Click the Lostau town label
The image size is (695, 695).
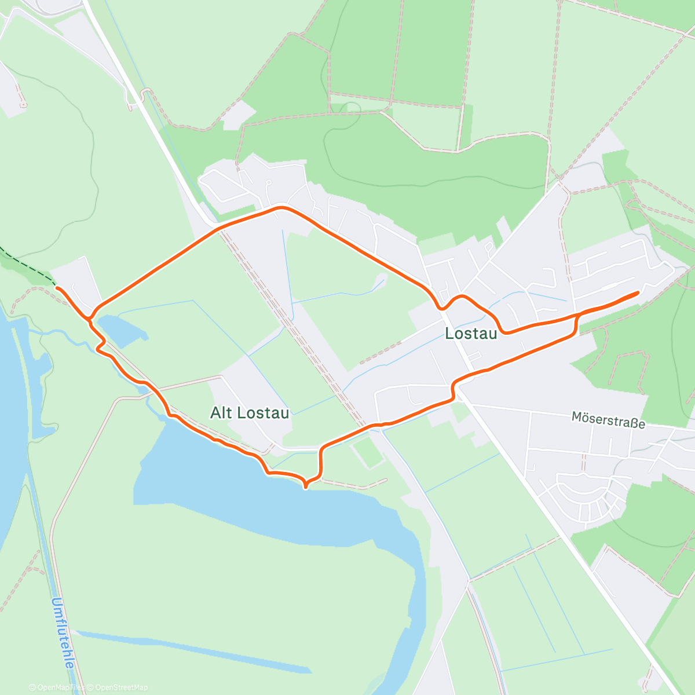[x=471, y=334]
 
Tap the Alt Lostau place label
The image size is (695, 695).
[x=249, y=413]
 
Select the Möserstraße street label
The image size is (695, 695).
[x=608, y=419]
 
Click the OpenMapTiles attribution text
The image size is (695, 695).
[x=56, y=687]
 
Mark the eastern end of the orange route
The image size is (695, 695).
[x=638, y=293]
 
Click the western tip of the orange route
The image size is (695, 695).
[x=57, y=287]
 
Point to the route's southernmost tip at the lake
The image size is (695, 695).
[x=306, y=486]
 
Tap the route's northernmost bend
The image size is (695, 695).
[x=281, y=207]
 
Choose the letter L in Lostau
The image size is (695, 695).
[x=449, y=334]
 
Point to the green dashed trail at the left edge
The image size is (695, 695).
[x=23, y=264]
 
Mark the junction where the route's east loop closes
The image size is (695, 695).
[x=577, y=315]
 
